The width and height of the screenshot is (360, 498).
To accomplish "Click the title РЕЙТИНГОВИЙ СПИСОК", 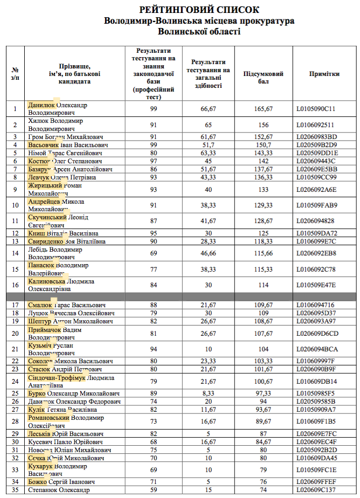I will pos(199,10).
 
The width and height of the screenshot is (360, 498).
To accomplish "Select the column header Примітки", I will pos(324,74).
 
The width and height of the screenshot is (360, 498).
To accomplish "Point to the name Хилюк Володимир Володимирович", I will pos(56,125).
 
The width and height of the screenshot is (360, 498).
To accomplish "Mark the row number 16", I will pos(15,285).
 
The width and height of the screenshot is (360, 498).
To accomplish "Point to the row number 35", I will pos(15,490).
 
